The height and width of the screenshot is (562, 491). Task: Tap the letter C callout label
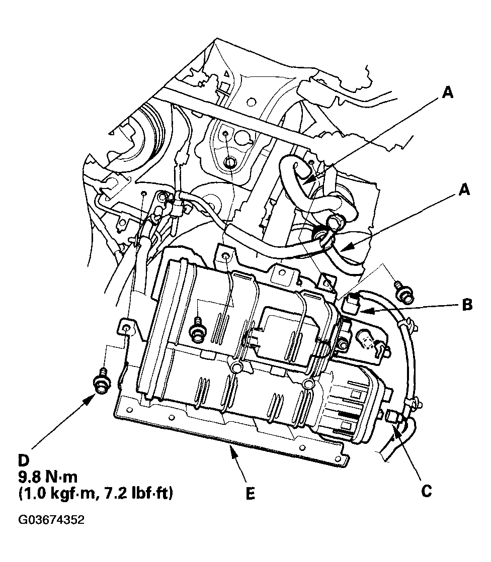point(427,490)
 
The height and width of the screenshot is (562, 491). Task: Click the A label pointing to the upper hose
point(447,92)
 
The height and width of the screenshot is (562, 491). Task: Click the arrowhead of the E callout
point(231,449)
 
